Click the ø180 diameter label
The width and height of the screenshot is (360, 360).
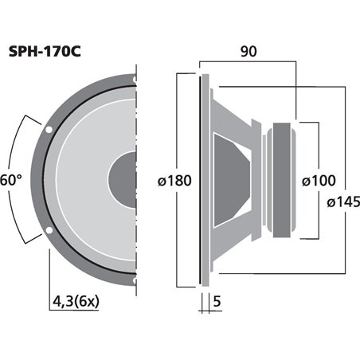[172, 182]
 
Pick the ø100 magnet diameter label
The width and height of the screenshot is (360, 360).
[318, 181]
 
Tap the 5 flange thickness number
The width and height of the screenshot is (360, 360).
[218, 303]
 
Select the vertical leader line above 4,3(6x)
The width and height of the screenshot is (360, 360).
[50, 267]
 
